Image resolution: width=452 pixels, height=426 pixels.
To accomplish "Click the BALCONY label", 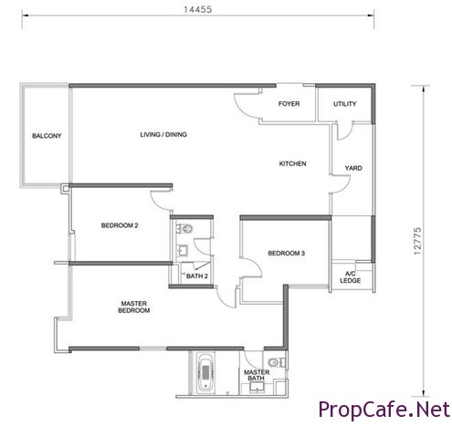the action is click(47, 136).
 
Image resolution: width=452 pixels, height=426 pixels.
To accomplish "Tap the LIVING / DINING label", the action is click(163, 134).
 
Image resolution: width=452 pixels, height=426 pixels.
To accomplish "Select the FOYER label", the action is click(289, 104).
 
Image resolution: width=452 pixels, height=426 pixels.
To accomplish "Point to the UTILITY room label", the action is click(344, 104).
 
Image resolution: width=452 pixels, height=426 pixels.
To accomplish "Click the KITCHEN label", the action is click(292, 163).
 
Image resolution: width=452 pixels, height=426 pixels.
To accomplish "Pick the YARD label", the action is click(353, 168).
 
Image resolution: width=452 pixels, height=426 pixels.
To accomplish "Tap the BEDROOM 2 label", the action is click(120, 225).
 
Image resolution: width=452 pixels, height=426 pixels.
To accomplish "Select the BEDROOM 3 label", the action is click(286, 253).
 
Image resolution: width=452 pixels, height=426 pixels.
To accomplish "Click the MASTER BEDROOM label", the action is click(134, 307).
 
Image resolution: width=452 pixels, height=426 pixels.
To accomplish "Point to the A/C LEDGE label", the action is click(351, 277).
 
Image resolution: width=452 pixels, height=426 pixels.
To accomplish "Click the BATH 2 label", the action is click(197, 276).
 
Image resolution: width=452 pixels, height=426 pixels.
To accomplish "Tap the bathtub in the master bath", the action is click(205, 372).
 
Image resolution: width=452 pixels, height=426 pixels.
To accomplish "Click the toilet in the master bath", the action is click(277, 362).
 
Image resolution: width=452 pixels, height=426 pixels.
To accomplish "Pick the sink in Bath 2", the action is click(183, 251).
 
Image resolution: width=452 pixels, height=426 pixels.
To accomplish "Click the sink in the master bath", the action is click(257, 387).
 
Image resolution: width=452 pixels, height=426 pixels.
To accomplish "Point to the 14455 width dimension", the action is click(198, 9).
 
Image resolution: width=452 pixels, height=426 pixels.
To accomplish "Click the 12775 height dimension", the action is click(417, 241).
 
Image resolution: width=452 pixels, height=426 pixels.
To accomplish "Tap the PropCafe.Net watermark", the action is click(384, 410).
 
